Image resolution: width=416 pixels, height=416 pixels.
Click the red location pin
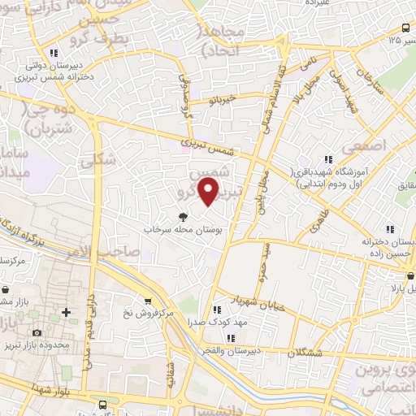coord(209,193)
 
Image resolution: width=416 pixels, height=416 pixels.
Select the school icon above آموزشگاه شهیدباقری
coord(328,160)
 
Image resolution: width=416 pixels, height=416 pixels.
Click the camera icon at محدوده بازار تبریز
coord(37,333)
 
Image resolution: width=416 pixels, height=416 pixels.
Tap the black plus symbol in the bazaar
coord(67,312)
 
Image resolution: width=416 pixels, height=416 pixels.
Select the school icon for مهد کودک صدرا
coord(217,310)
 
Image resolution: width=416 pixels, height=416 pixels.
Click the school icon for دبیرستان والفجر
coord(232,338)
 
